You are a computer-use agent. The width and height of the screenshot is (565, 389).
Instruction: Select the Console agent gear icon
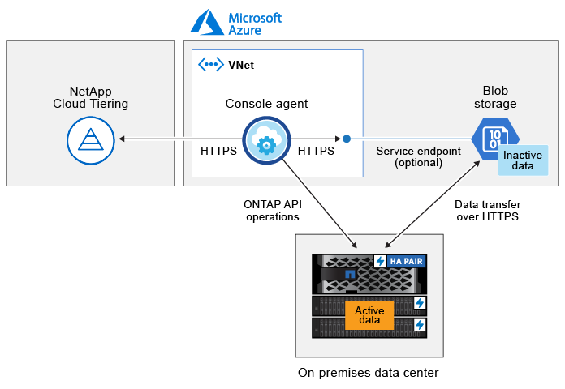click(265, 142)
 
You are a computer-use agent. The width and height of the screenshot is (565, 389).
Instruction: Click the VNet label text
click(240, 65)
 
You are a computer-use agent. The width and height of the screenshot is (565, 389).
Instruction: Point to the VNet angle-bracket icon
click(211, 65)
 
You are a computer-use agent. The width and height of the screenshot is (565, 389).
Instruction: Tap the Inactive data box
click(524, 160)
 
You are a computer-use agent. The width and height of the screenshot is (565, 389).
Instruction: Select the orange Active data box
click(369, 315)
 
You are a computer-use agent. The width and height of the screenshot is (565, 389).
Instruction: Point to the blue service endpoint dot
click(347, 139)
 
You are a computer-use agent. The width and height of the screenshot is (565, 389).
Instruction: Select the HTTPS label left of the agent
click(220, 151)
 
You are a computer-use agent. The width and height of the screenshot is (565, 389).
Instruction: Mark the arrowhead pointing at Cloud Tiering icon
click(121, 139)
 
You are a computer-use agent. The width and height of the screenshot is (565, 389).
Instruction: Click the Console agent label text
click(265, 104)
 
